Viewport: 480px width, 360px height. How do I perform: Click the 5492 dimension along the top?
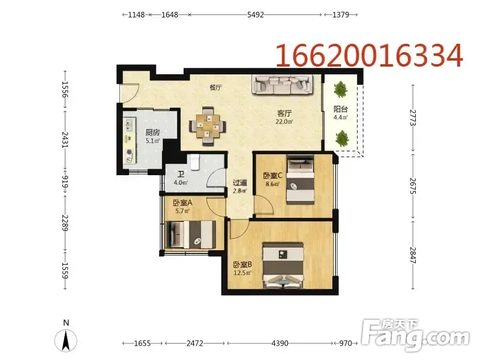(256, 14)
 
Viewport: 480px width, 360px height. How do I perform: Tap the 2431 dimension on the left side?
(65, 140)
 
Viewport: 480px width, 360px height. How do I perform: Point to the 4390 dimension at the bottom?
(280, 343)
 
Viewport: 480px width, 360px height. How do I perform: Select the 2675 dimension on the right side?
(413, 186)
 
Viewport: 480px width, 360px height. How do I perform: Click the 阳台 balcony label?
(340, 109)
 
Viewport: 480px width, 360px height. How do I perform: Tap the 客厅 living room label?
(284, 113)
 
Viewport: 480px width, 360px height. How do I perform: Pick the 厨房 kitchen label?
(152, 133)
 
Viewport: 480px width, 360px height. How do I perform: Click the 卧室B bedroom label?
(242, 265)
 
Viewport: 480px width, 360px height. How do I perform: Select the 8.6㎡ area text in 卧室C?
(272, 184)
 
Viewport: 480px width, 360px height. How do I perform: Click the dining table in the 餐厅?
(208, 126)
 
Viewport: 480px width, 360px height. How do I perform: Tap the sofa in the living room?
(283, 84)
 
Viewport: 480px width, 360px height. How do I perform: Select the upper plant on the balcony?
(340, 89)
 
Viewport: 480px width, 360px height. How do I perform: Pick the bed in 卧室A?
(190, 235)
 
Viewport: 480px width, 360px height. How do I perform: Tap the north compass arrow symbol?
(66, 340)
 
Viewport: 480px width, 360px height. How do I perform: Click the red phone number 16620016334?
(370, 55)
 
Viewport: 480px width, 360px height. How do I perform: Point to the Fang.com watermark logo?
(415, 336)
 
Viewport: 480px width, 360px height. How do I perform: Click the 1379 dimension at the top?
(340, 14)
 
